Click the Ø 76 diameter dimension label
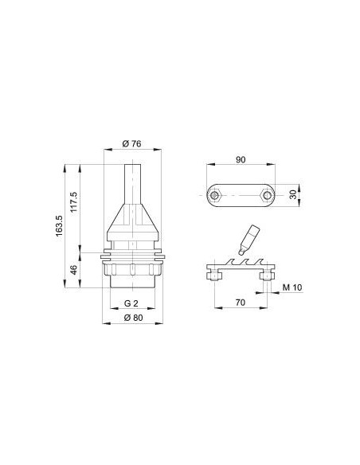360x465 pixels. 131,144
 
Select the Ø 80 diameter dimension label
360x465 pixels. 133,318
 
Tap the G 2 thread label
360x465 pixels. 131,303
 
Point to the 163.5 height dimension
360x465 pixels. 59,226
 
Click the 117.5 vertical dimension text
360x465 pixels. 73,201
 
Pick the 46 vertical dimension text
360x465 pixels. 73,270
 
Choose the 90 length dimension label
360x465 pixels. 241,159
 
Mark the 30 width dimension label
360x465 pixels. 293,195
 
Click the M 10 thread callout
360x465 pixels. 292,287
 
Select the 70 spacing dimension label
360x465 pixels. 241,303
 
